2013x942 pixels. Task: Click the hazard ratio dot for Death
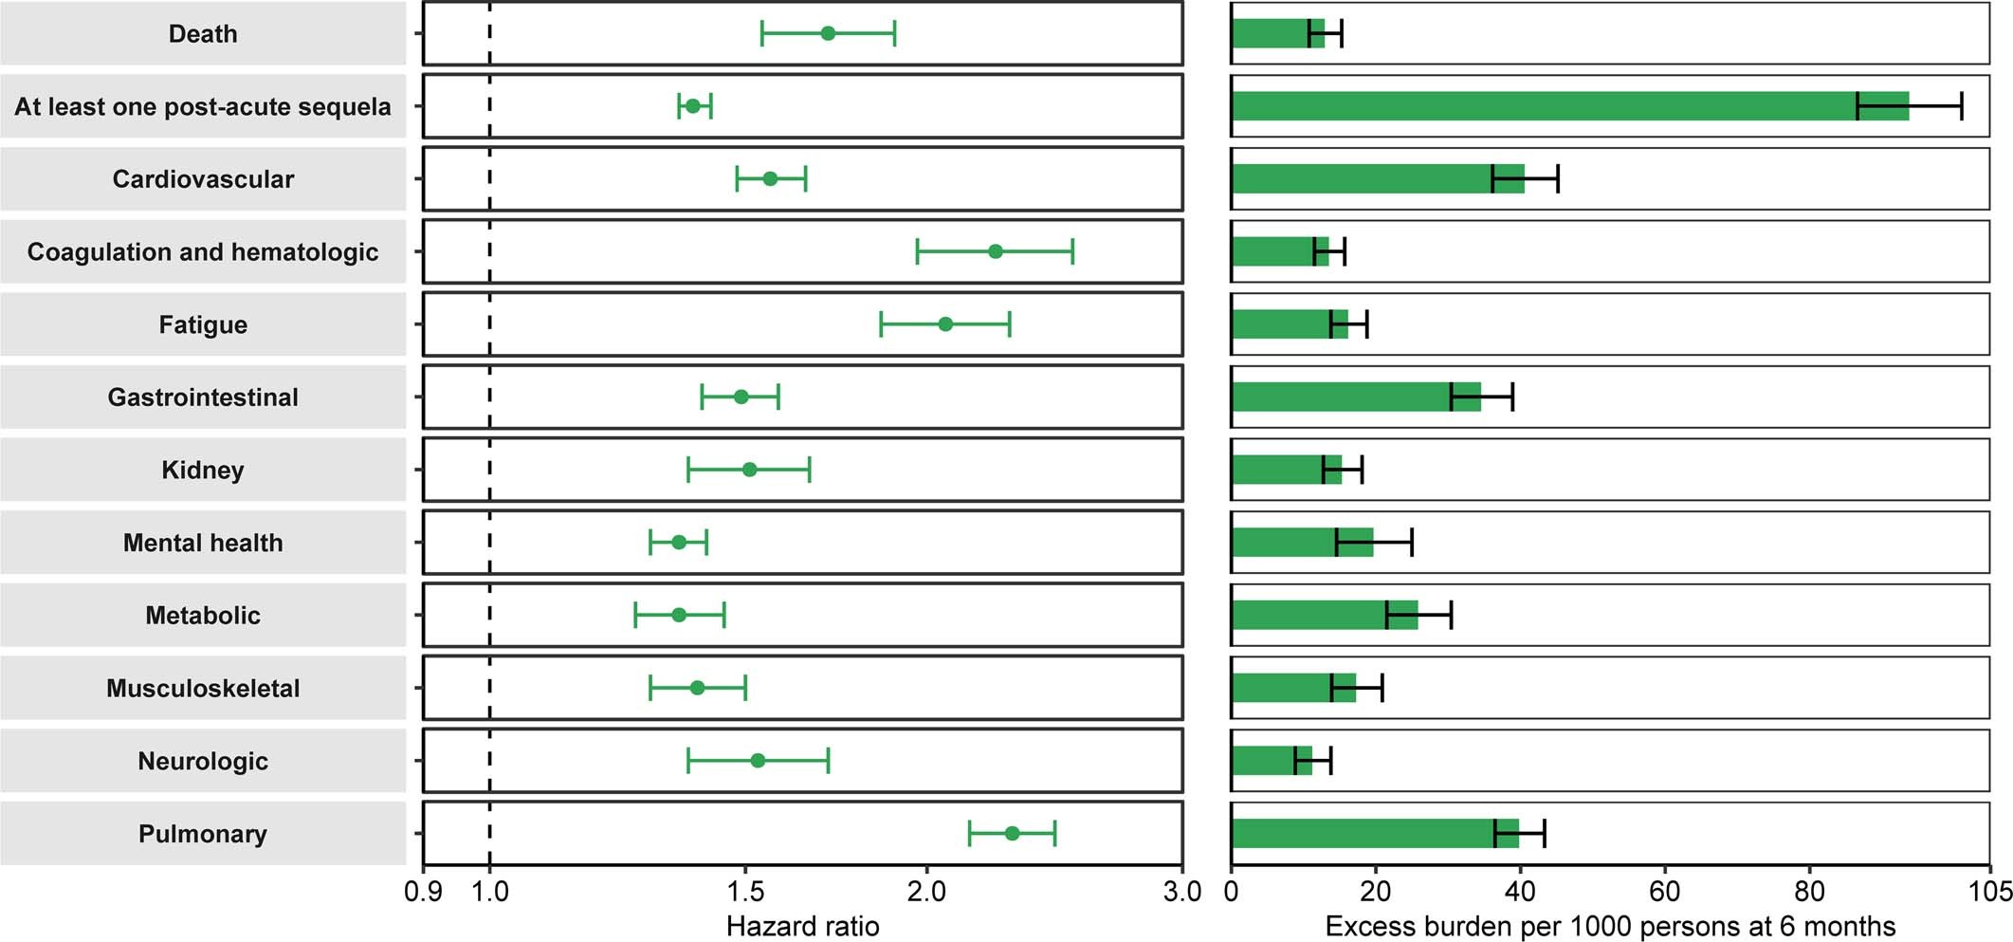(x=828, y=33)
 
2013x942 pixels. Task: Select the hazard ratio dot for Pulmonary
(x=1012, y=833)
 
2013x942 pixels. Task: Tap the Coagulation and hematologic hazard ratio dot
(x=995, y=251)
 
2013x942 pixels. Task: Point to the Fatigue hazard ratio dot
(x=945, y=323)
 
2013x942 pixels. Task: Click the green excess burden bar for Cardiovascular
(x=1375, y=178)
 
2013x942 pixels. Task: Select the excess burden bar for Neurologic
(x=1271, y=760)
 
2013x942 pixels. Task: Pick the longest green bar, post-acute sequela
(x=1565, y=106)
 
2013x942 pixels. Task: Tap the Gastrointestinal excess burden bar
(x=1356, y=397)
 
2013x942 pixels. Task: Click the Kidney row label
(x=203, y=470)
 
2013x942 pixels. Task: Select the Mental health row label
(x=203, y=543)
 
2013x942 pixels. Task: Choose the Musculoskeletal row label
(x=203, y=688)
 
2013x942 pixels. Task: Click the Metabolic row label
(x=203, y=615)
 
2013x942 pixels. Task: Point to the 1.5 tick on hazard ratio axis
(x=745, y=891)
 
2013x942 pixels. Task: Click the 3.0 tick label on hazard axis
(x=1182, y=891)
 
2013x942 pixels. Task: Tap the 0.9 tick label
(x=423, y=891)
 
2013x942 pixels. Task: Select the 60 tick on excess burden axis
(x=1664, y=891)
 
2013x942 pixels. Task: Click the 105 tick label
(x=1989, y=891)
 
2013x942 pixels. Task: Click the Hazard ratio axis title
(x=802, y=926)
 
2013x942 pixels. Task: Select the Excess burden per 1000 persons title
(x=1610, y=926)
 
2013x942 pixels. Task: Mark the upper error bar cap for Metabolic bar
(x=1451, y=615)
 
